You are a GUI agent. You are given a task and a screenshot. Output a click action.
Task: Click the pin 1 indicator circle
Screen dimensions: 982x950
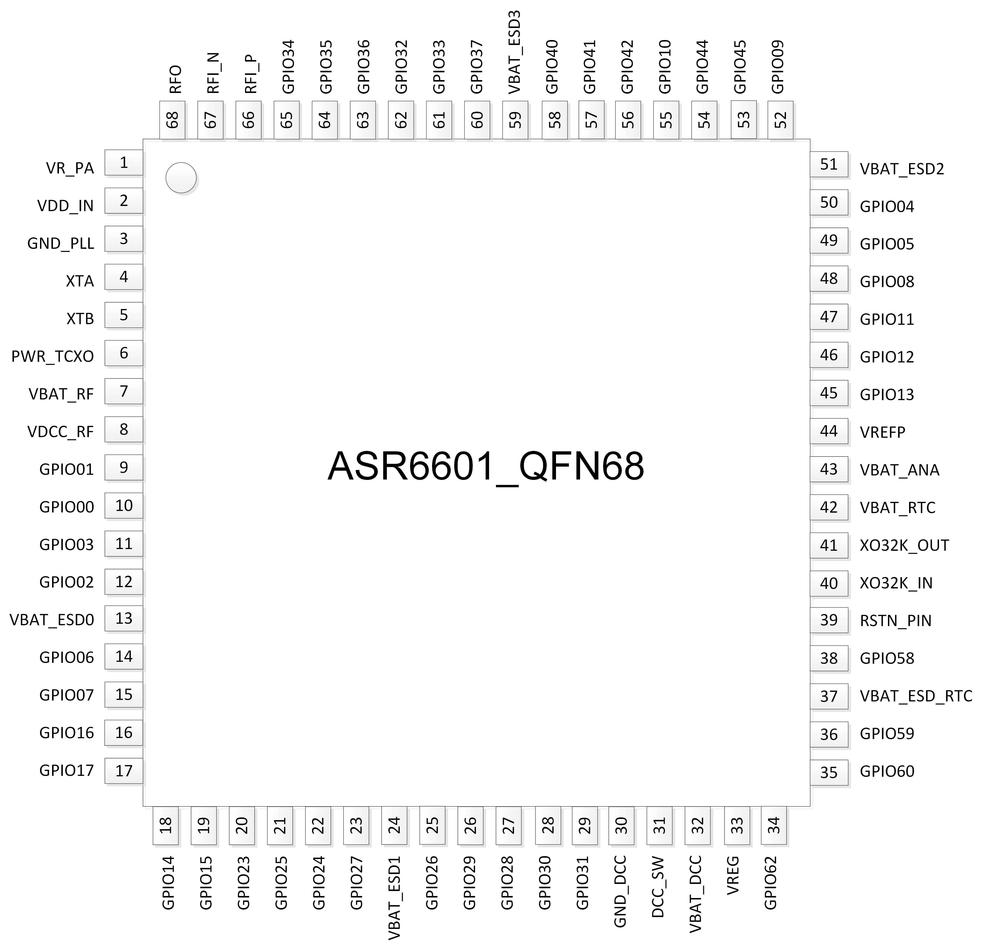(x=181, y=177)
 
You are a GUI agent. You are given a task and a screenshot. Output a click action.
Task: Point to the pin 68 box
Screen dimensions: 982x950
(x=172, y=120)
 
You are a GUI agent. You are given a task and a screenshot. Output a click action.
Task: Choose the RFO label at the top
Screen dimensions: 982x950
(x=175, y=79)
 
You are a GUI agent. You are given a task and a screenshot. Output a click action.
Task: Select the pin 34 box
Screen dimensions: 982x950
(x=774, y=825)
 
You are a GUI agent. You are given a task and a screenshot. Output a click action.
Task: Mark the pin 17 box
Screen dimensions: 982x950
(x=124, y=771)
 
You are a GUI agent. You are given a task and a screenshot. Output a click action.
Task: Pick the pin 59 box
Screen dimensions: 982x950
(x=515, y=120)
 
